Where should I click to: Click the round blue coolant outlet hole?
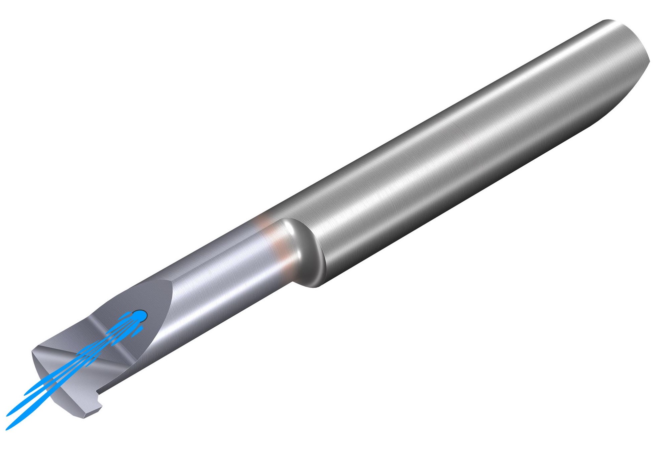tap(140, 315)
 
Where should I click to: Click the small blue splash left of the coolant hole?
tap(126, 315)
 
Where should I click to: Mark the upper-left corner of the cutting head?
tap(33, 351)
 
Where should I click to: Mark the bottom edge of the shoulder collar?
tap(313, 286)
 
